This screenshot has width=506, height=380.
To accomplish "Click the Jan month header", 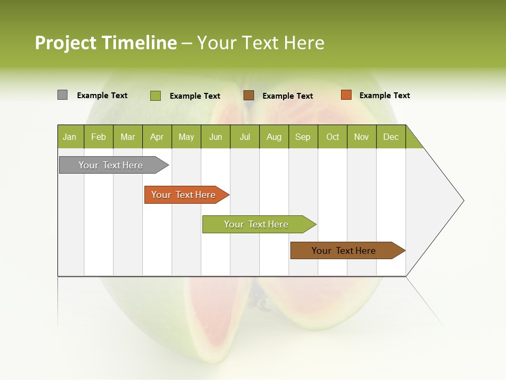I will point(70,137).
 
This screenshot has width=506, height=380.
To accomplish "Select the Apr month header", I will point(157,137).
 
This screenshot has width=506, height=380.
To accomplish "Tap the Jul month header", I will point(245,137).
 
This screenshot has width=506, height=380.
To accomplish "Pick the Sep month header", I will point(303,137).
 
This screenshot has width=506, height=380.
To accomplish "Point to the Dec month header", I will point(391,137).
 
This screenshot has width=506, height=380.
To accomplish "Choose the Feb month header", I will point(99,137).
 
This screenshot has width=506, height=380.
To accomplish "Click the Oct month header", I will point(333,137).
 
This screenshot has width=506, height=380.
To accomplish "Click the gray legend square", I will point(62,95).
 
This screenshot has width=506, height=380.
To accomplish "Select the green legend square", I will point(155,96).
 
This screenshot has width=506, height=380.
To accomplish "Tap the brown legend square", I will point(249,96).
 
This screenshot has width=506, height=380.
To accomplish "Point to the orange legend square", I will point(346,95).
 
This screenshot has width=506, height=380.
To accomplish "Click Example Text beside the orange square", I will point(384,96).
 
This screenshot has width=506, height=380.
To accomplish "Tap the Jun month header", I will point(216,137).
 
